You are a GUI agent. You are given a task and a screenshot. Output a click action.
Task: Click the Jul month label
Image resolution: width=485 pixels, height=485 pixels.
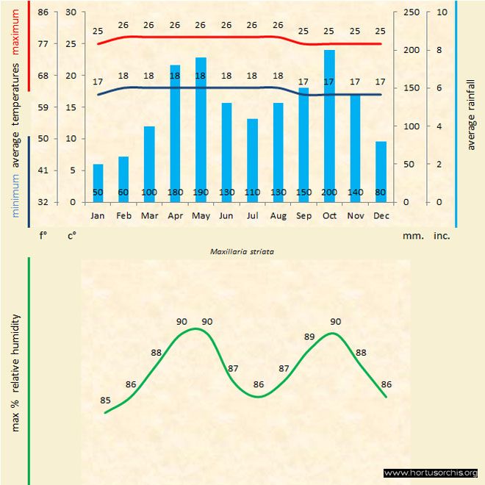(x=252, y=216)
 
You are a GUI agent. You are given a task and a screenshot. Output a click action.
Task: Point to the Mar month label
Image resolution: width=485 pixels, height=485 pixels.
(x=149, y=216)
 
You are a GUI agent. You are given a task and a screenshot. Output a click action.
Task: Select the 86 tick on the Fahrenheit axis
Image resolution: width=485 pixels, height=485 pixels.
(x=43, y=12)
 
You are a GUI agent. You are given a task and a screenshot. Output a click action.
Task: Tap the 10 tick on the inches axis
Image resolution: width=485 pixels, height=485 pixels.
(x=441, y=12)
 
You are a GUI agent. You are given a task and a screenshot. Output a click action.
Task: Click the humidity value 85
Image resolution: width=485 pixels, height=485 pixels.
(x=105, y=400)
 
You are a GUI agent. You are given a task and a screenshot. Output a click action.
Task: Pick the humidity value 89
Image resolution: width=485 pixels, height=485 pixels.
(x=309, y=337)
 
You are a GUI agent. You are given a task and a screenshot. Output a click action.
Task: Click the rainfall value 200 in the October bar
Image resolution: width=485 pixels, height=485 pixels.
(x=329, y=193)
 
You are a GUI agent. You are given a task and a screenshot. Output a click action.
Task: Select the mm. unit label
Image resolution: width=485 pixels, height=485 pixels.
(x=411, y=237)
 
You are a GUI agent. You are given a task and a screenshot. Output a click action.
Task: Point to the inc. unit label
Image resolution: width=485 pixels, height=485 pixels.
(x=442, y=237)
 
